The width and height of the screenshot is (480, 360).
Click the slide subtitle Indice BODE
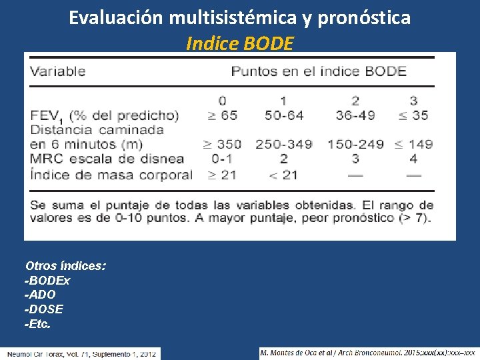239,43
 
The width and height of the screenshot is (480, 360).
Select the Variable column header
58,71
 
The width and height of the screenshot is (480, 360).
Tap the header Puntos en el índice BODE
319,71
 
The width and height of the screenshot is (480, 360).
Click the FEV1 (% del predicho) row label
105,115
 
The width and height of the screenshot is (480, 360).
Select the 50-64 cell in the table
283,115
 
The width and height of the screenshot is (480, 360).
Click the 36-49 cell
355,115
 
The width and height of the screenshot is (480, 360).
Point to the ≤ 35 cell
413,115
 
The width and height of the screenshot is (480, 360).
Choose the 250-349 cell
283,144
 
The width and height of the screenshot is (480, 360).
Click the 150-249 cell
355,144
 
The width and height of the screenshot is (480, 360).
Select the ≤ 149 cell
413,144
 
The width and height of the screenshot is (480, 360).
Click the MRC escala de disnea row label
107,159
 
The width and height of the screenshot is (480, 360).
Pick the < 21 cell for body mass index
283,175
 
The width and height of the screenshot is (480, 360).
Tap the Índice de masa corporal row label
111,175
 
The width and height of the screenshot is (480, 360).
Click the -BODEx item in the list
47,281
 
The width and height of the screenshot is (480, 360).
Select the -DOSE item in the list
44,309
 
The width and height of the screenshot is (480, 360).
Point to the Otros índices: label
65,266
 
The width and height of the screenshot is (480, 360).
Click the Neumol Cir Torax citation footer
81,353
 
